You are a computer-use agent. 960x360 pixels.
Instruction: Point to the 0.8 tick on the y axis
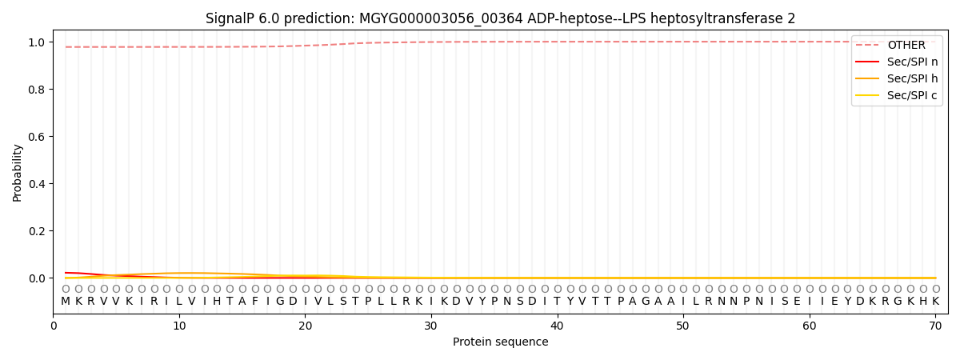pos(38,89)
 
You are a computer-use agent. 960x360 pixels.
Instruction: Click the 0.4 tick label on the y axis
pos(38,184)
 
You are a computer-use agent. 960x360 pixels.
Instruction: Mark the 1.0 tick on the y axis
pos(38,42)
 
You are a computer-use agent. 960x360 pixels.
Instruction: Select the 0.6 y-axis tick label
pos(38,137)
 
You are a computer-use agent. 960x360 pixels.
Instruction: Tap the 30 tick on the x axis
pos(431,326)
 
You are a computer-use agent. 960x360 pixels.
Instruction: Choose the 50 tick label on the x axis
pos(683,326)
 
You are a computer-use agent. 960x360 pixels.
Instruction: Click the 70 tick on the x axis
pos(935,326)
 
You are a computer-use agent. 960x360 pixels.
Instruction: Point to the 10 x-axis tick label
pos(179,326)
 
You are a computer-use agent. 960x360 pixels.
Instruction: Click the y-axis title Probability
pos(18,172)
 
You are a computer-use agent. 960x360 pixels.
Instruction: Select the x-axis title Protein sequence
pos(501,342)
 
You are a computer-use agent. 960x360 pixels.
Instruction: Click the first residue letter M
pos(66,301)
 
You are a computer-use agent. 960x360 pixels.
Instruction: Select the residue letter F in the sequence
pos(254,301)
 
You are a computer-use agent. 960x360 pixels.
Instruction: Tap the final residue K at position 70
pos(935,301)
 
